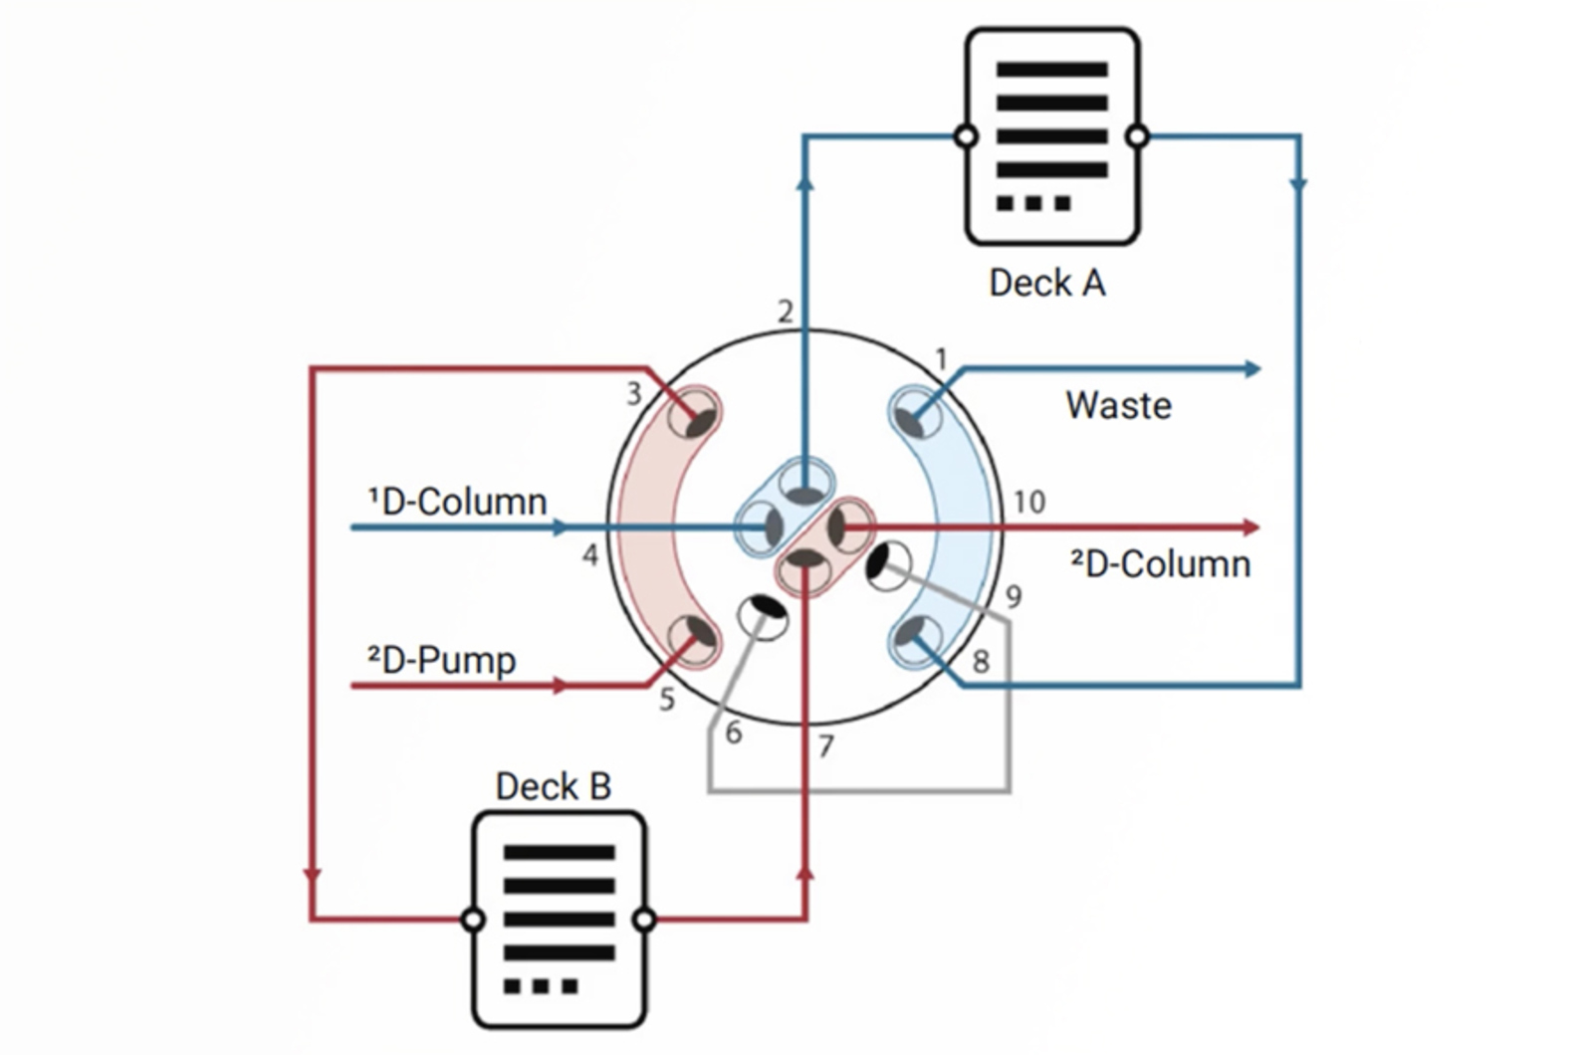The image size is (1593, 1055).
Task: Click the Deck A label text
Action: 1046,284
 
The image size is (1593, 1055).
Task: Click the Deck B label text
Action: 553,786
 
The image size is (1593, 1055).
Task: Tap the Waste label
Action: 1118,406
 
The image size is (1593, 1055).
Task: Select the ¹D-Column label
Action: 458,501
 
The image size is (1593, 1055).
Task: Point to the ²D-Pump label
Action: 441,660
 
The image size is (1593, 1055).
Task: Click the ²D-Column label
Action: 1160,564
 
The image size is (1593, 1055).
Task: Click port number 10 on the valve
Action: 1029,502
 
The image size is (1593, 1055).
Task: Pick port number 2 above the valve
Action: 786,313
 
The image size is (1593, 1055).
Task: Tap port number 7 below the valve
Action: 825,745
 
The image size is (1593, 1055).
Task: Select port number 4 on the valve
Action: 590,554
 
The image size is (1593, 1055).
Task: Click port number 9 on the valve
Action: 1014,597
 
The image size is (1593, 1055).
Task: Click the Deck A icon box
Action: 1051,136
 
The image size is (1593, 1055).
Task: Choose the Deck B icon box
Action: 559,920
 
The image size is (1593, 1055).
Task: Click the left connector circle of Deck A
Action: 965,136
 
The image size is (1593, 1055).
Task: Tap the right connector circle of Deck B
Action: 644,920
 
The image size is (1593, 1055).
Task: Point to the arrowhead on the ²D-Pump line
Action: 561,686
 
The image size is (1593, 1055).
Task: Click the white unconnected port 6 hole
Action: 763,614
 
